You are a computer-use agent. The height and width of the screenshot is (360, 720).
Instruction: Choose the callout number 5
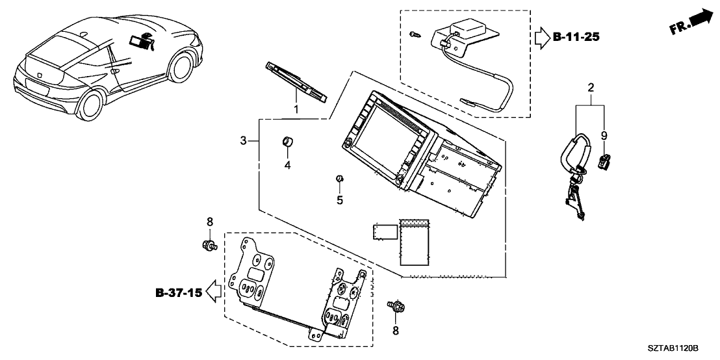(339, 200)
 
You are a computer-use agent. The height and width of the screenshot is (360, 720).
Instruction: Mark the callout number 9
(604, 136)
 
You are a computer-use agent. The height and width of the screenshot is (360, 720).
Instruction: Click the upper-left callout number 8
(209, 222)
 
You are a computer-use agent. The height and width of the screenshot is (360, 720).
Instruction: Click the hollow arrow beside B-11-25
(541, 38)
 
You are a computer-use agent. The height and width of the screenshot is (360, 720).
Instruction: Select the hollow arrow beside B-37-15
(212, 292)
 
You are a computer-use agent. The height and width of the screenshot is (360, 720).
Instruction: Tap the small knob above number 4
(287, 141)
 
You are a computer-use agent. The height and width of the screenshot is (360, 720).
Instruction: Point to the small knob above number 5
(339, 179)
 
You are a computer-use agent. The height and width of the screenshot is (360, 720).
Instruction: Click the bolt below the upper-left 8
(209, 246)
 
